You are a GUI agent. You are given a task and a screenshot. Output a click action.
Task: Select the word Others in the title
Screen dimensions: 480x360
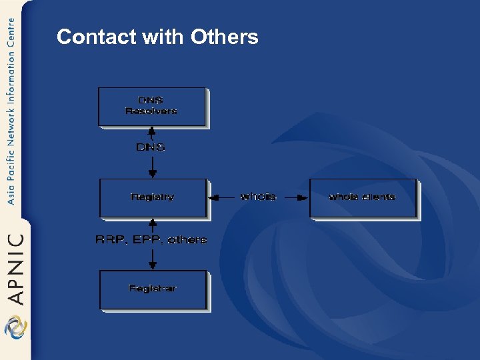[225, 37]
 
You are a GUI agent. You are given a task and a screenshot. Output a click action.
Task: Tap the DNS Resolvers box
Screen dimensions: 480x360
[152, 107]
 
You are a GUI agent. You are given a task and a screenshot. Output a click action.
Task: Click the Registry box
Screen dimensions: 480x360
[153, 197]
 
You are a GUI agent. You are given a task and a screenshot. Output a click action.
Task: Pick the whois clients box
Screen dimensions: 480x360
[363, 197]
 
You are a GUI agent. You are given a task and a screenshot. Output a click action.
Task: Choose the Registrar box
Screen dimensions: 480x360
[153, 289]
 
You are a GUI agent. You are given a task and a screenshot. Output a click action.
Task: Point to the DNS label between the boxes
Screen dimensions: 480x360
[151, 147]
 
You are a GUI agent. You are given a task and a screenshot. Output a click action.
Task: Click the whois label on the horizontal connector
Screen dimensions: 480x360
[258, 197]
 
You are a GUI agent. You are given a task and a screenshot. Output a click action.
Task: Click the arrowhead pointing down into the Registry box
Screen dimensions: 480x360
[153, 174]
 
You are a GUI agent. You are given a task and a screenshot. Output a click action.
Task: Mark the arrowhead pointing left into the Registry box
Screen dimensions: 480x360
[213, 197]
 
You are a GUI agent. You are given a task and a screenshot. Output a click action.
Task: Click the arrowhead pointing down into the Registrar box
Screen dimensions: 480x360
[153, 265]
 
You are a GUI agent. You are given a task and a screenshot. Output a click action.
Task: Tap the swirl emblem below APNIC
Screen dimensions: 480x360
[15, 327]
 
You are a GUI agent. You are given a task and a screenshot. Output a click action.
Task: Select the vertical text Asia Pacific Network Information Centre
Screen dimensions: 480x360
[11, 111]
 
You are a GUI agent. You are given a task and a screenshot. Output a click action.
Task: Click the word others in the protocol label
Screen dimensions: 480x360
[187, 240]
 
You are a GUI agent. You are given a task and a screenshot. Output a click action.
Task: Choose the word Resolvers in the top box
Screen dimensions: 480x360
[151, 111]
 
